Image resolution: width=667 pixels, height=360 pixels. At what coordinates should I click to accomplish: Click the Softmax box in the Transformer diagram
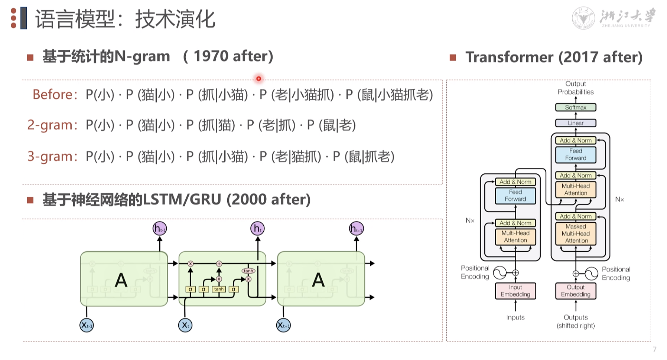tap(576, 108)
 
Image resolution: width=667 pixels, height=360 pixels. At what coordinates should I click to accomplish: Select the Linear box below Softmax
tap(576, 123)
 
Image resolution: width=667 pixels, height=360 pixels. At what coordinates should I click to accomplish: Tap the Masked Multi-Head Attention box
tap(576, 234)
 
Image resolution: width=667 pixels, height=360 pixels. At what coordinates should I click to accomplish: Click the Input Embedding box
tap(515, 291)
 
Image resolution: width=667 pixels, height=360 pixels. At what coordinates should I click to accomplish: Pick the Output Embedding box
tap(576, 291)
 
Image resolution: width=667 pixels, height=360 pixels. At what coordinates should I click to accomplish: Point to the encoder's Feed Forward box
tap(515, 196)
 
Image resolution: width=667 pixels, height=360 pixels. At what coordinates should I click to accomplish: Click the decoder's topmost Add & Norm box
tap(576, 141)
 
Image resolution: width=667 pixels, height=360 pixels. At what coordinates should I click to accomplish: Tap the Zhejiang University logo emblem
tap(583, 18)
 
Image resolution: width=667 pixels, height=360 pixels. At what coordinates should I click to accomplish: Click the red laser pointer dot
tap(258, 79)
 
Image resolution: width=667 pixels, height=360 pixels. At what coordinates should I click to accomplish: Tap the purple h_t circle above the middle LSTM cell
tap(257, 229)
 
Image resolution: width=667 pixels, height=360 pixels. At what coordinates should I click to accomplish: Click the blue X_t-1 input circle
tap(87, 325)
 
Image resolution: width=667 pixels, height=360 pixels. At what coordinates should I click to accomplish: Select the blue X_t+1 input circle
tap(283, 325)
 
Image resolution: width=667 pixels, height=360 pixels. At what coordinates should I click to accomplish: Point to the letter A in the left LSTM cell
tap(121, 280)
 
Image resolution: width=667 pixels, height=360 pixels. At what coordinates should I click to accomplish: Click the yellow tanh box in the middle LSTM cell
tap(219, 289)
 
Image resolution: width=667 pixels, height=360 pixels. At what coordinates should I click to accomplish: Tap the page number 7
tap(654, 349)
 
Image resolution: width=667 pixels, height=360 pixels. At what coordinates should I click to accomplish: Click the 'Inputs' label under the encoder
tap(515, 317)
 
